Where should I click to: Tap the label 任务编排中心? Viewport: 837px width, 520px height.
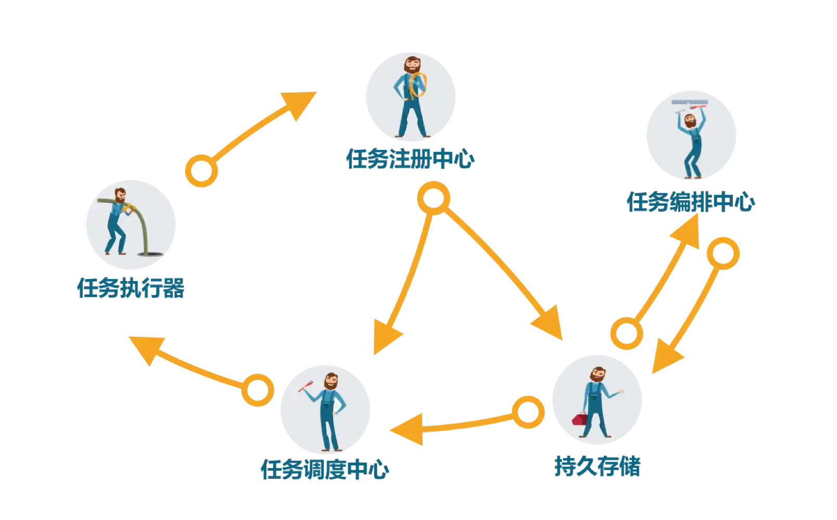pyautogui.click(x=691, y=201)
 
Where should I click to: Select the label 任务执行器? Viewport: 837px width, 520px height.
pyautogui.click(x=131, y=288)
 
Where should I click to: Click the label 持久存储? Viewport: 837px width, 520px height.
pyautogui.click(x=597, y=466)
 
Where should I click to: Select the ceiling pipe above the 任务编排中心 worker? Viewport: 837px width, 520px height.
pyautogui.click(x=691, y=103)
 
